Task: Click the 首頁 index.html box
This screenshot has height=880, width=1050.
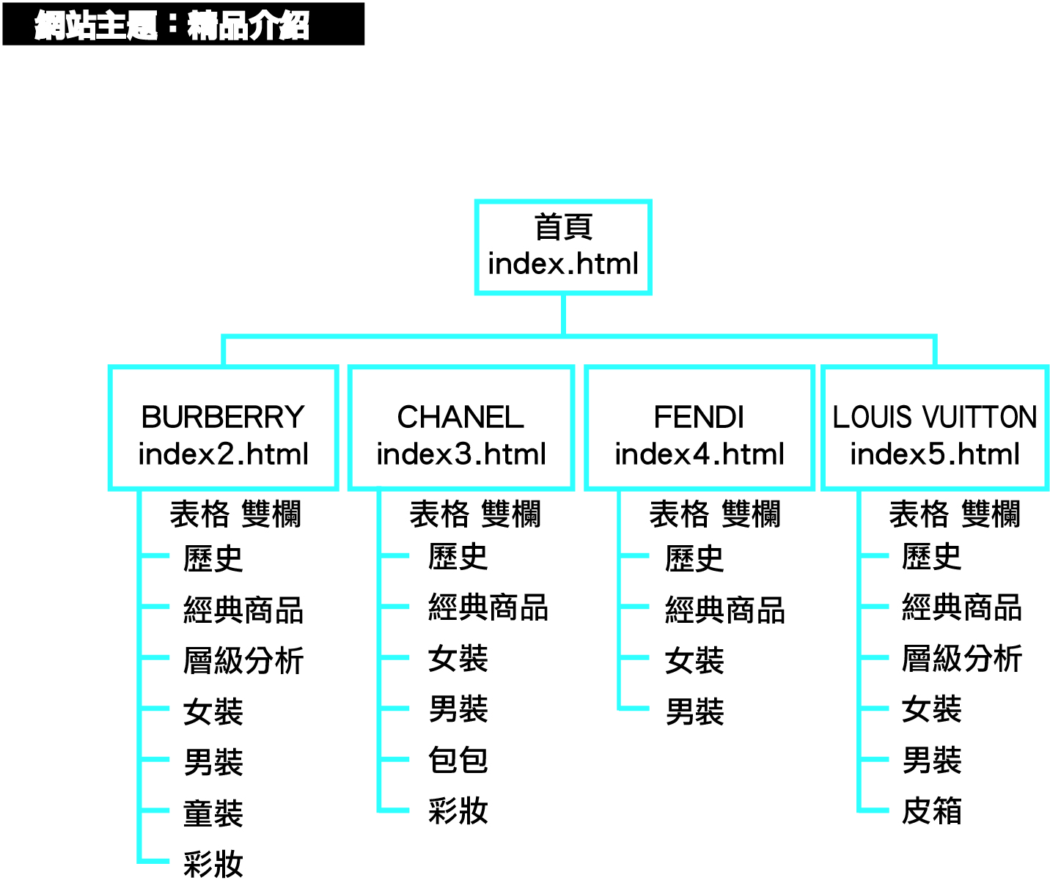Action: pos(562,247)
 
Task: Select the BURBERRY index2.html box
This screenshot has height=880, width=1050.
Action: pos(223,428)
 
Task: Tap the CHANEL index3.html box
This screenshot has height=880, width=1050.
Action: pos(460,428)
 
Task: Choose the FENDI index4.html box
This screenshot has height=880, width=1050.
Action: pos(700,428)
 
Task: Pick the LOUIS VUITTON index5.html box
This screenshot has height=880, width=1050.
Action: pos(935,428)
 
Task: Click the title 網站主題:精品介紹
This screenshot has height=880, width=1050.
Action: pos(173,25)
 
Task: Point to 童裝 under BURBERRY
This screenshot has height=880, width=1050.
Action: pos(213,813)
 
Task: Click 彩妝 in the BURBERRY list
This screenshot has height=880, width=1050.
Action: pos(213,864)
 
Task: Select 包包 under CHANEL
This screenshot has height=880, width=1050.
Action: pos(458,760)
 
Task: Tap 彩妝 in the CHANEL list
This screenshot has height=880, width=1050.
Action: pos(458,810)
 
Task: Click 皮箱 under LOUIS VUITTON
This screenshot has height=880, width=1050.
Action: pos(931,810)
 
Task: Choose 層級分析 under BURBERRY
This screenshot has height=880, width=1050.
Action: pos(243,660)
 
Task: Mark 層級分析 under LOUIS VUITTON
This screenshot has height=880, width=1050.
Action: pos(961,658)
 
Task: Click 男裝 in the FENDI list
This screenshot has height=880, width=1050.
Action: pos(694,711)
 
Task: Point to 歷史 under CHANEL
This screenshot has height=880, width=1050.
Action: pos(458,557)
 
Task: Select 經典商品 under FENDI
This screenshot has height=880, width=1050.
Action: pos(724,610)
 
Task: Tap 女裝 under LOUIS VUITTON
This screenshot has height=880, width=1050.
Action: pos(931,709)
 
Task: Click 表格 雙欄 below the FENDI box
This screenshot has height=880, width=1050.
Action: pos(715,514)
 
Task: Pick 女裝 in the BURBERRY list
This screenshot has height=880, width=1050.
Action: pos(213,711)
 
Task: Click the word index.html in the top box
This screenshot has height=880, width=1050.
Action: pos(562,264)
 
